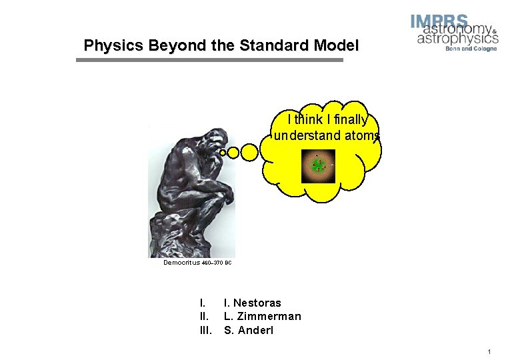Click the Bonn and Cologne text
(475, 49)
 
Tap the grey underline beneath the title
(209, 60)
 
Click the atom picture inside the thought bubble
(318, 166)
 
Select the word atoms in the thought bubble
(365, 136)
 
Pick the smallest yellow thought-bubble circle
(222, 152)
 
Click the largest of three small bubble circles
(249, 153)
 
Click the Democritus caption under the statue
(182, 263)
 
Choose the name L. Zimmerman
(262, 317)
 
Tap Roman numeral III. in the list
(205, 330)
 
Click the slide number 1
(489, 351)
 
